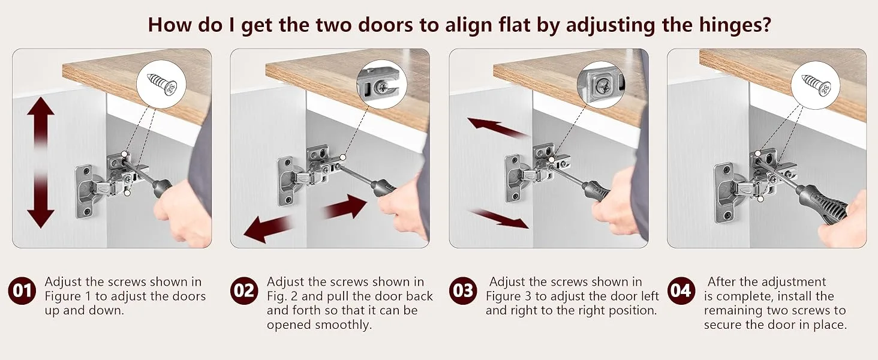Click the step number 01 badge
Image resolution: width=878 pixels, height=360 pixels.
(x=22, y=291)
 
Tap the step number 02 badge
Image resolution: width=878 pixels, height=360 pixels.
(x=244, y=291)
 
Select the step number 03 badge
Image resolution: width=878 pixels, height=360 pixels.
(x=463, y=291)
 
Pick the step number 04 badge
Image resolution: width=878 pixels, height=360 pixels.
(x=681, y=291)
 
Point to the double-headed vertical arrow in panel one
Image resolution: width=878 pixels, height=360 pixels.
(x=41, y=163)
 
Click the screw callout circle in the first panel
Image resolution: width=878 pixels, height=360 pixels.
(x=161, y=84)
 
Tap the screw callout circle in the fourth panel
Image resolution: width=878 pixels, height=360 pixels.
(x=815, y=85)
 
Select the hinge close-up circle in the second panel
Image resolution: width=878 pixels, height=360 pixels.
(x=382, y=85)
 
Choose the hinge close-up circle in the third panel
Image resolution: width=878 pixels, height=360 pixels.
(x=601, y=85)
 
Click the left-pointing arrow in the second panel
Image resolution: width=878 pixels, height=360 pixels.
(x=269, y=229)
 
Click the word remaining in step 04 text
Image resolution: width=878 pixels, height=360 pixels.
(x=733, y=311)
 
